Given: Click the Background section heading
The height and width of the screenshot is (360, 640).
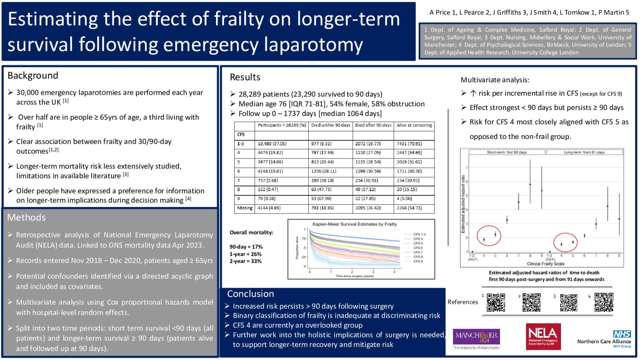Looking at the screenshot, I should [x=33, y=76].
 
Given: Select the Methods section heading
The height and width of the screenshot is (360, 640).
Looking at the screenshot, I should [x=26, y=217].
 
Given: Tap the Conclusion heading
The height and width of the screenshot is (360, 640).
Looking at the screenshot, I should [x=250, y=294].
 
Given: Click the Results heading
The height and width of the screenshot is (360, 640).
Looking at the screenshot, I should [x=245, y=77].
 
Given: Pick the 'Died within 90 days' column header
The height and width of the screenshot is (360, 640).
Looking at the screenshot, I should [x=330, y=125].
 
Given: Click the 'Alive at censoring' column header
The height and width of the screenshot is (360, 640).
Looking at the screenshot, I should [x=414, y=125].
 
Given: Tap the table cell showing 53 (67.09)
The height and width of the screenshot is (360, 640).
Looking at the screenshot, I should [x=321, y=199].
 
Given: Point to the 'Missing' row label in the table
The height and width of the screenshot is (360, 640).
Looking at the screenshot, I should [x=245, y=208].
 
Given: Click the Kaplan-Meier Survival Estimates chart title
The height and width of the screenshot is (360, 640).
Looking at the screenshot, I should [x=355, y=224].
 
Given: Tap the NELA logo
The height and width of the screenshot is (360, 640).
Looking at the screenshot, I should [x=543, y=336].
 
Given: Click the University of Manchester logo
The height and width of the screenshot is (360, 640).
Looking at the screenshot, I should [x=476, y=338].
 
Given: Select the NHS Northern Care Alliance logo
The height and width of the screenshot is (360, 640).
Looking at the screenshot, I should [x=605, y=339].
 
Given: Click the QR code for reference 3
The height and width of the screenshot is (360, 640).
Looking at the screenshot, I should [x=568, y=303].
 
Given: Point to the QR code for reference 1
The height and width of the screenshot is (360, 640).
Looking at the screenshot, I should [x=496, y=303].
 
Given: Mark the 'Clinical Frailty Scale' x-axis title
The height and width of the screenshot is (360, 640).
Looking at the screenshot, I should [x=545, y=264].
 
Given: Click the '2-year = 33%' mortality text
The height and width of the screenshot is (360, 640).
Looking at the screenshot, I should [x=245, y=262].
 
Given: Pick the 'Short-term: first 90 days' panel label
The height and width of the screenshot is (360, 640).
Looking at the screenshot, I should [x=507, y=152].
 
